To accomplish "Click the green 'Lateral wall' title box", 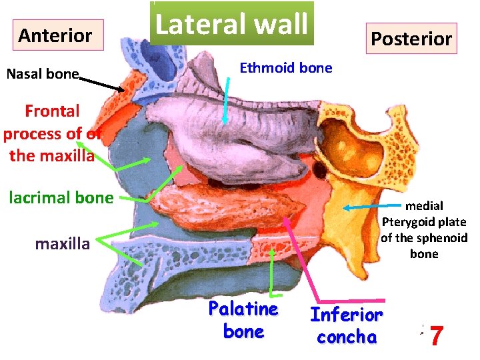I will pyautogui.click(x=231, y=24).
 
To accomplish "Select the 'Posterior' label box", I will pyautogui.click(x=411, y=39).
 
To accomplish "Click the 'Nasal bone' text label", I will pyautogui.click(x=43, y=74).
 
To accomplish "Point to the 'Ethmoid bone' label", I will pyautogui.click(x=285, y=68).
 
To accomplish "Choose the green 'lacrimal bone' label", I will pyautogui.click(x=61, y=197).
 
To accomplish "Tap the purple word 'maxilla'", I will pyautogui.click(x=62, y=244).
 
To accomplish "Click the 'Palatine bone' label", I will pyautogui.click(x=243, y=320).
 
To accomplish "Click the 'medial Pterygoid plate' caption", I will pyautogui.click(x=424, y=229).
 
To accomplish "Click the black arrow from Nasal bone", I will pyautogui.click(x=103, y=83).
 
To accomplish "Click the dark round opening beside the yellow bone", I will pyautogui.click(x=321, y=171).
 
